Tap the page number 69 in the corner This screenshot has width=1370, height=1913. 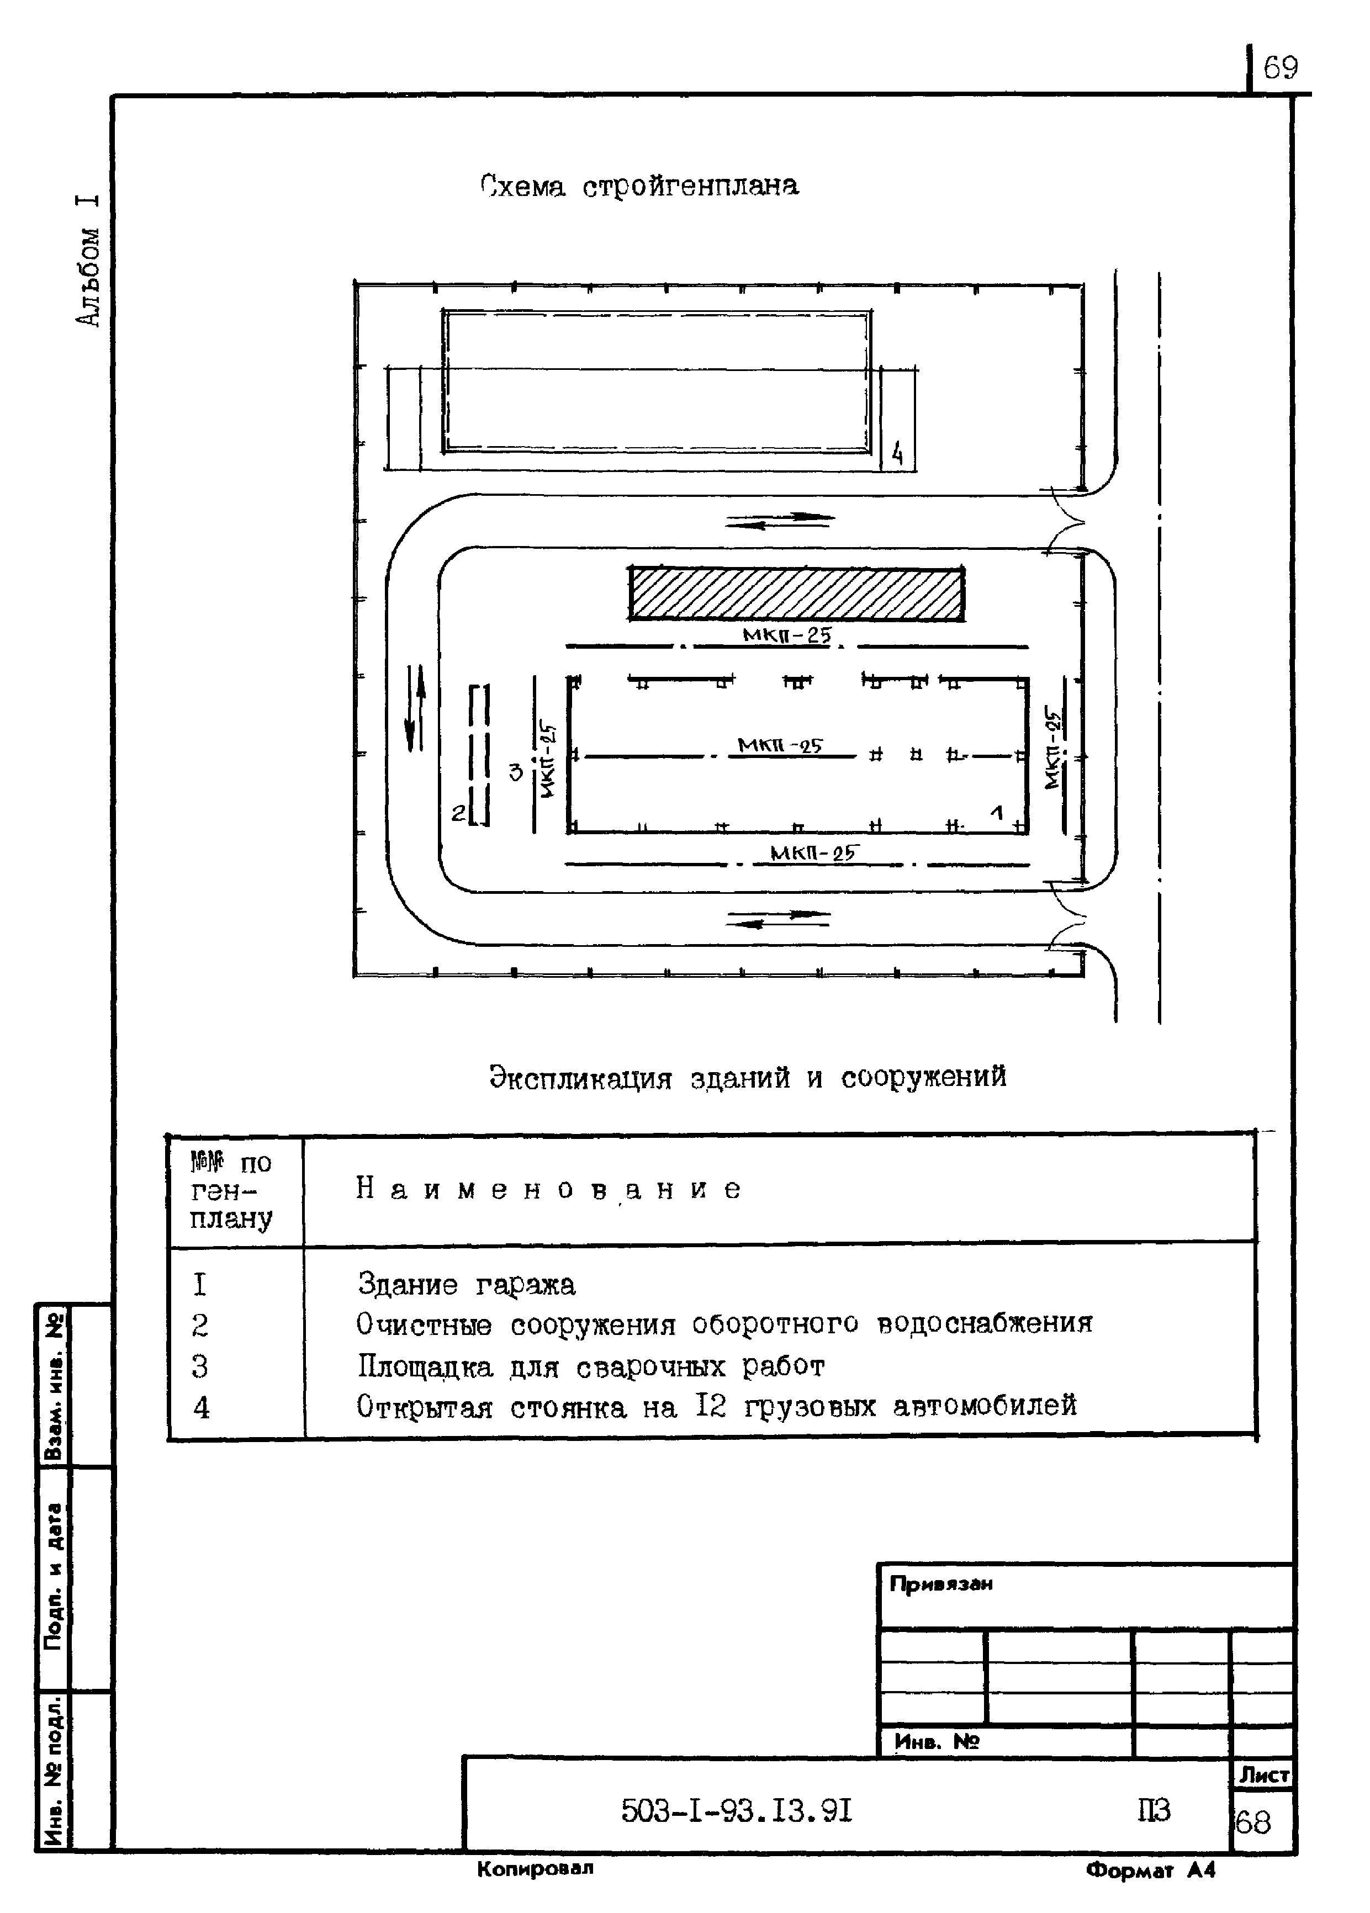(1280, 67)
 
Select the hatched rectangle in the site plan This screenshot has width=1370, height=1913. (796, 595)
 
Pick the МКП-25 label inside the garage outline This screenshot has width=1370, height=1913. (780, 746)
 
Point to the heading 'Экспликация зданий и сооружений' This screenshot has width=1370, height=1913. (748, 1077)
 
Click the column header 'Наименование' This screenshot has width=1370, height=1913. (548, 1189)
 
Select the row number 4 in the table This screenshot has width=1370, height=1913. (201, 1407)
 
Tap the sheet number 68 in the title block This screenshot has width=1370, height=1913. (1253, 1823)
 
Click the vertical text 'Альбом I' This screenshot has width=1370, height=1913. (88, 260)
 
